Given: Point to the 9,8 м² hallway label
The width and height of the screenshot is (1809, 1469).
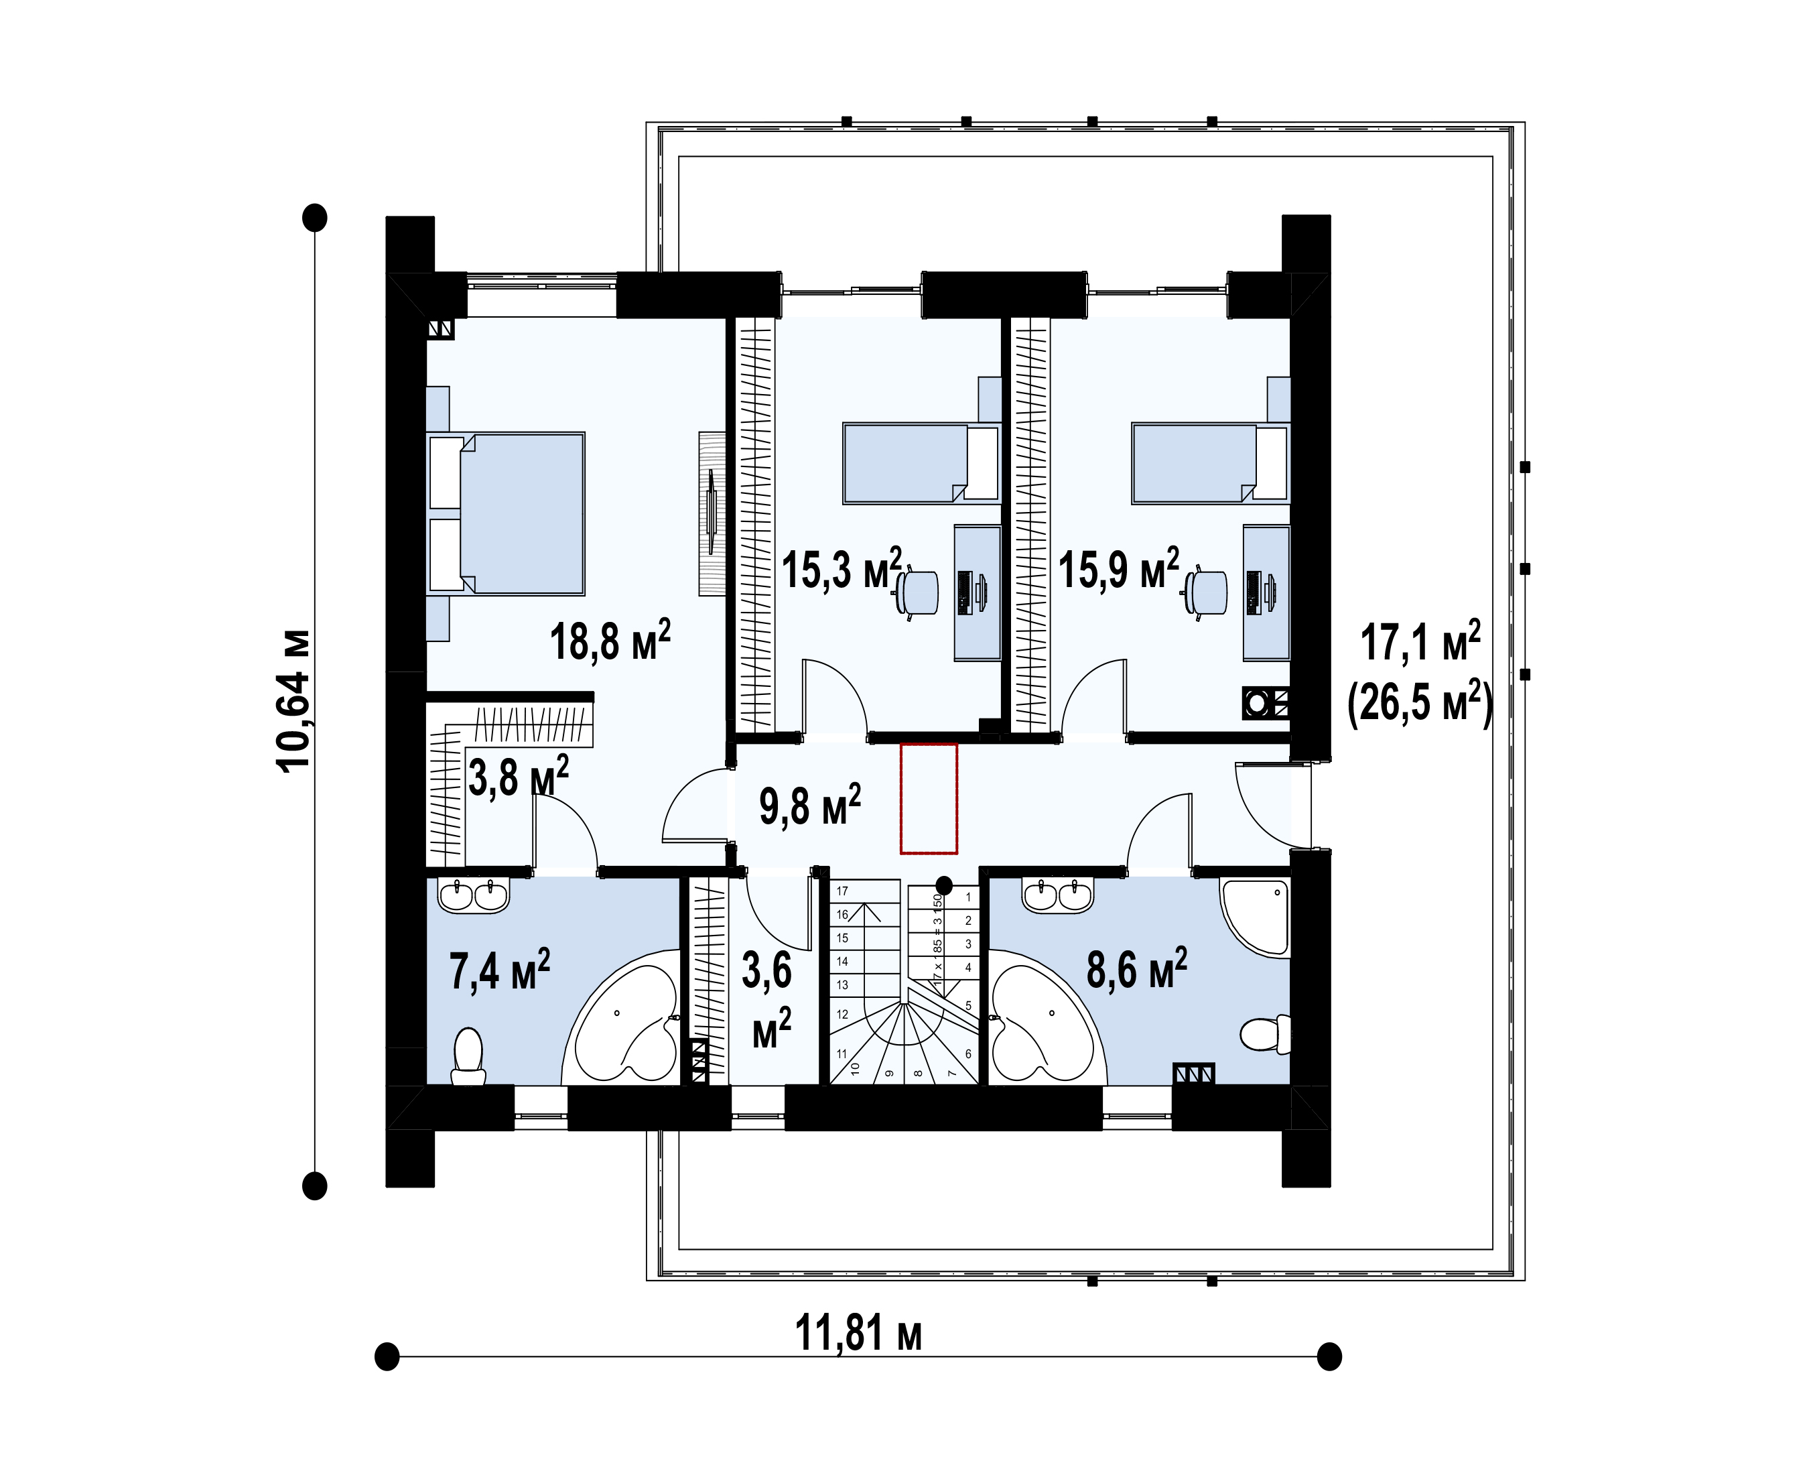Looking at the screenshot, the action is [x=810, y=805].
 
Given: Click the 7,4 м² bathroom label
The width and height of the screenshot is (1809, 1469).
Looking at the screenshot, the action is [x=499, y=970].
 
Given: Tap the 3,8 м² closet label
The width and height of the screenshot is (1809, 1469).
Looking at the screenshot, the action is [x=518, y=776].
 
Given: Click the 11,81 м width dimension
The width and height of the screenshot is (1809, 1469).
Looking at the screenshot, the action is [x=858, y=1333].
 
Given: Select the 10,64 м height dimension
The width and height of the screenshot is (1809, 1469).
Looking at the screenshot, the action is [x=293, y=700].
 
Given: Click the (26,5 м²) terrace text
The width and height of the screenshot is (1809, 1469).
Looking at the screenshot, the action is [x=1420, y=702].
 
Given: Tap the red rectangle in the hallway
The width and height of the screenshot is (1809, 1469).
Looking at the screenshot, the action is [x=928, y=799].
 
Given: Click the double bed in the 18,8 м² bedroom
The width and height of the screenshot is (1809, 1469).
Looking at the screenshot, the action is [x=506, y=513].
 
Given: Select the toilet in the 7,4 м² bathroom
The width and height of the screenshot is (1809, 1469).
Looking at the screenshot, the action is [x=468, y=1056].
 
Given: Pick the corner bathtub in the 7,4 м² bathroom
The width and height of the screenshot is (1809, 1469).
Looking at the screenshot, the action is [x=622, y=1017].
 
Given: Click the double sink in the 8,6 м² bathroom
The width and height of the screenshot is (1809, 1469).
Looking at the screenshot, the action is [x=1058, y=895].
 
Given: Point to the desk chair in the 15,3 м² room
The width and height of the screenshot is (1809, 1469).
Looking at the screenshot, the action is [x=917, y=592].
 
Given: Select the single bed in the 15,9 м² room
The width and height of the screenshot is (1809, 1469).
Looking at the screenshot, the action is [x=1210, y=464].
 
